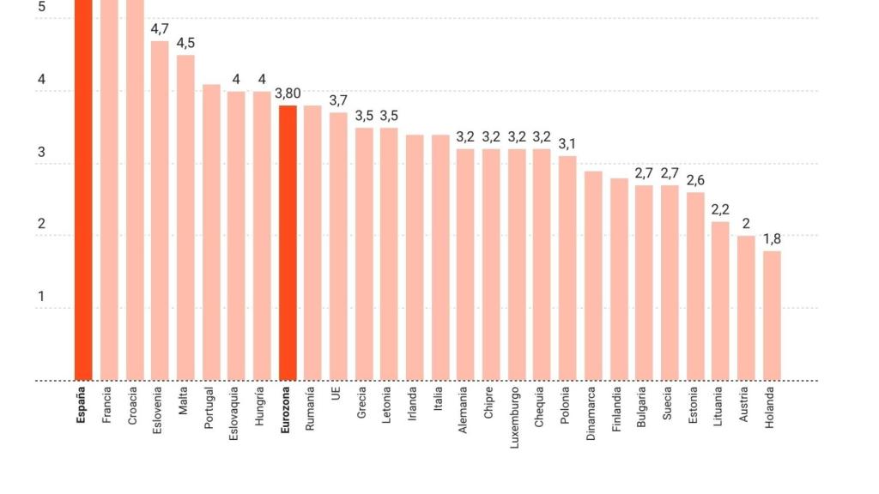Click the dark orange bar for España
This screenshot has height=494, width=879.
[83, 189]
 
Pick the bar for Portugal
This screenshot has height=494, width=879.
[211, 232]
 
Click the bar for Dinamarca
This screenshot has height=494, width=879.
[593, 275]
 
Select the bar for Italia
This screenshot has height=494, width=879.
[440, 257]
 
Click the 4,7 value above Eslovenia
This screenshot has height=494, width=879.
[160, 29]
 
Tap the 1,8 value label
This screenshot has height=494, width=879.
[772, 239]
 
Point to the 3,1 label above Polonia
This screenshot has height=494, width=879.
[567, 144]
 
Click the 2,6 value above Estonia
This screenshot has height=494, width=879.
[695, 180]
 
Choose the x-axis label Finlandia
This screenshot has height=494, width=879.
[618, 408]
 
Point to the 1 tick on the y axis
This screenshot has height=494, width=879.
[40, 297]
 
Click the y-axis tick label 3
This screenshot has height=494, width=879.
[40, 153]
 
